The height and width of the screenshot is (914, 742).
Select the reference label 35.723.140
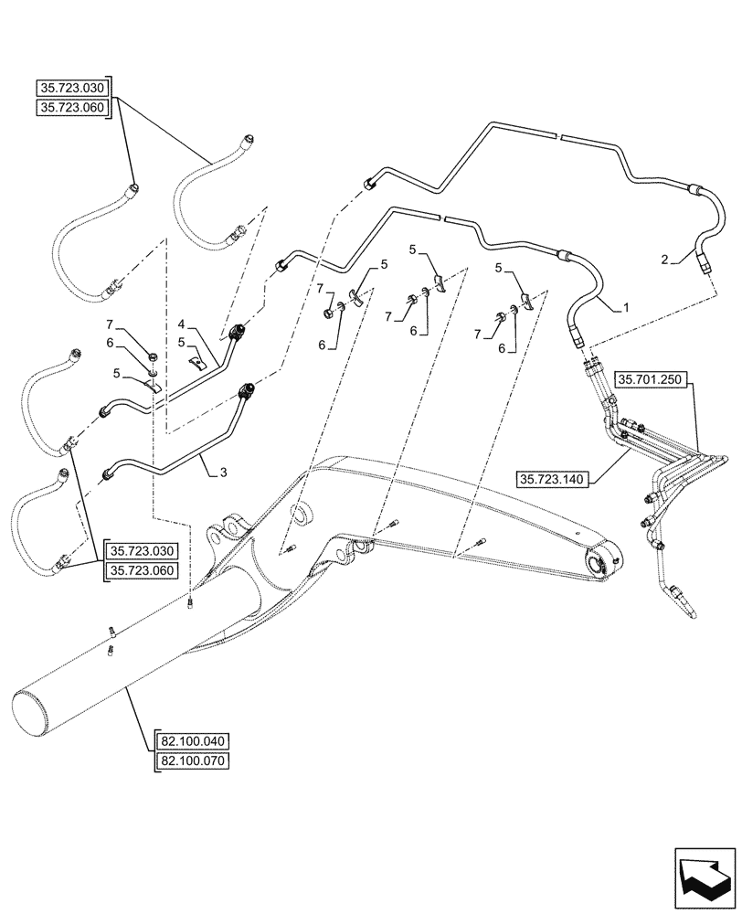coord(555,477)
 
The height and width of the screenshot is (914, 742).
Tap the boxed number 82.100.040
coord(196,740)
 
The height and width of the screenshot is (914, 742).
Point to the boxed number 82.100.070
coord(196,760)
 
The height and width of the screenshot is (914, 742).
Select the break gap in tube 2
coord(558,137)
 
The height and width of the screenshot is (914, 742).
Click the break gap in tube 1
coord(440,219)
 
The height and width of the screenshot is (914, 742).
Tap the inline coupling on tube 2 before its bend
coord(696,191)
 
